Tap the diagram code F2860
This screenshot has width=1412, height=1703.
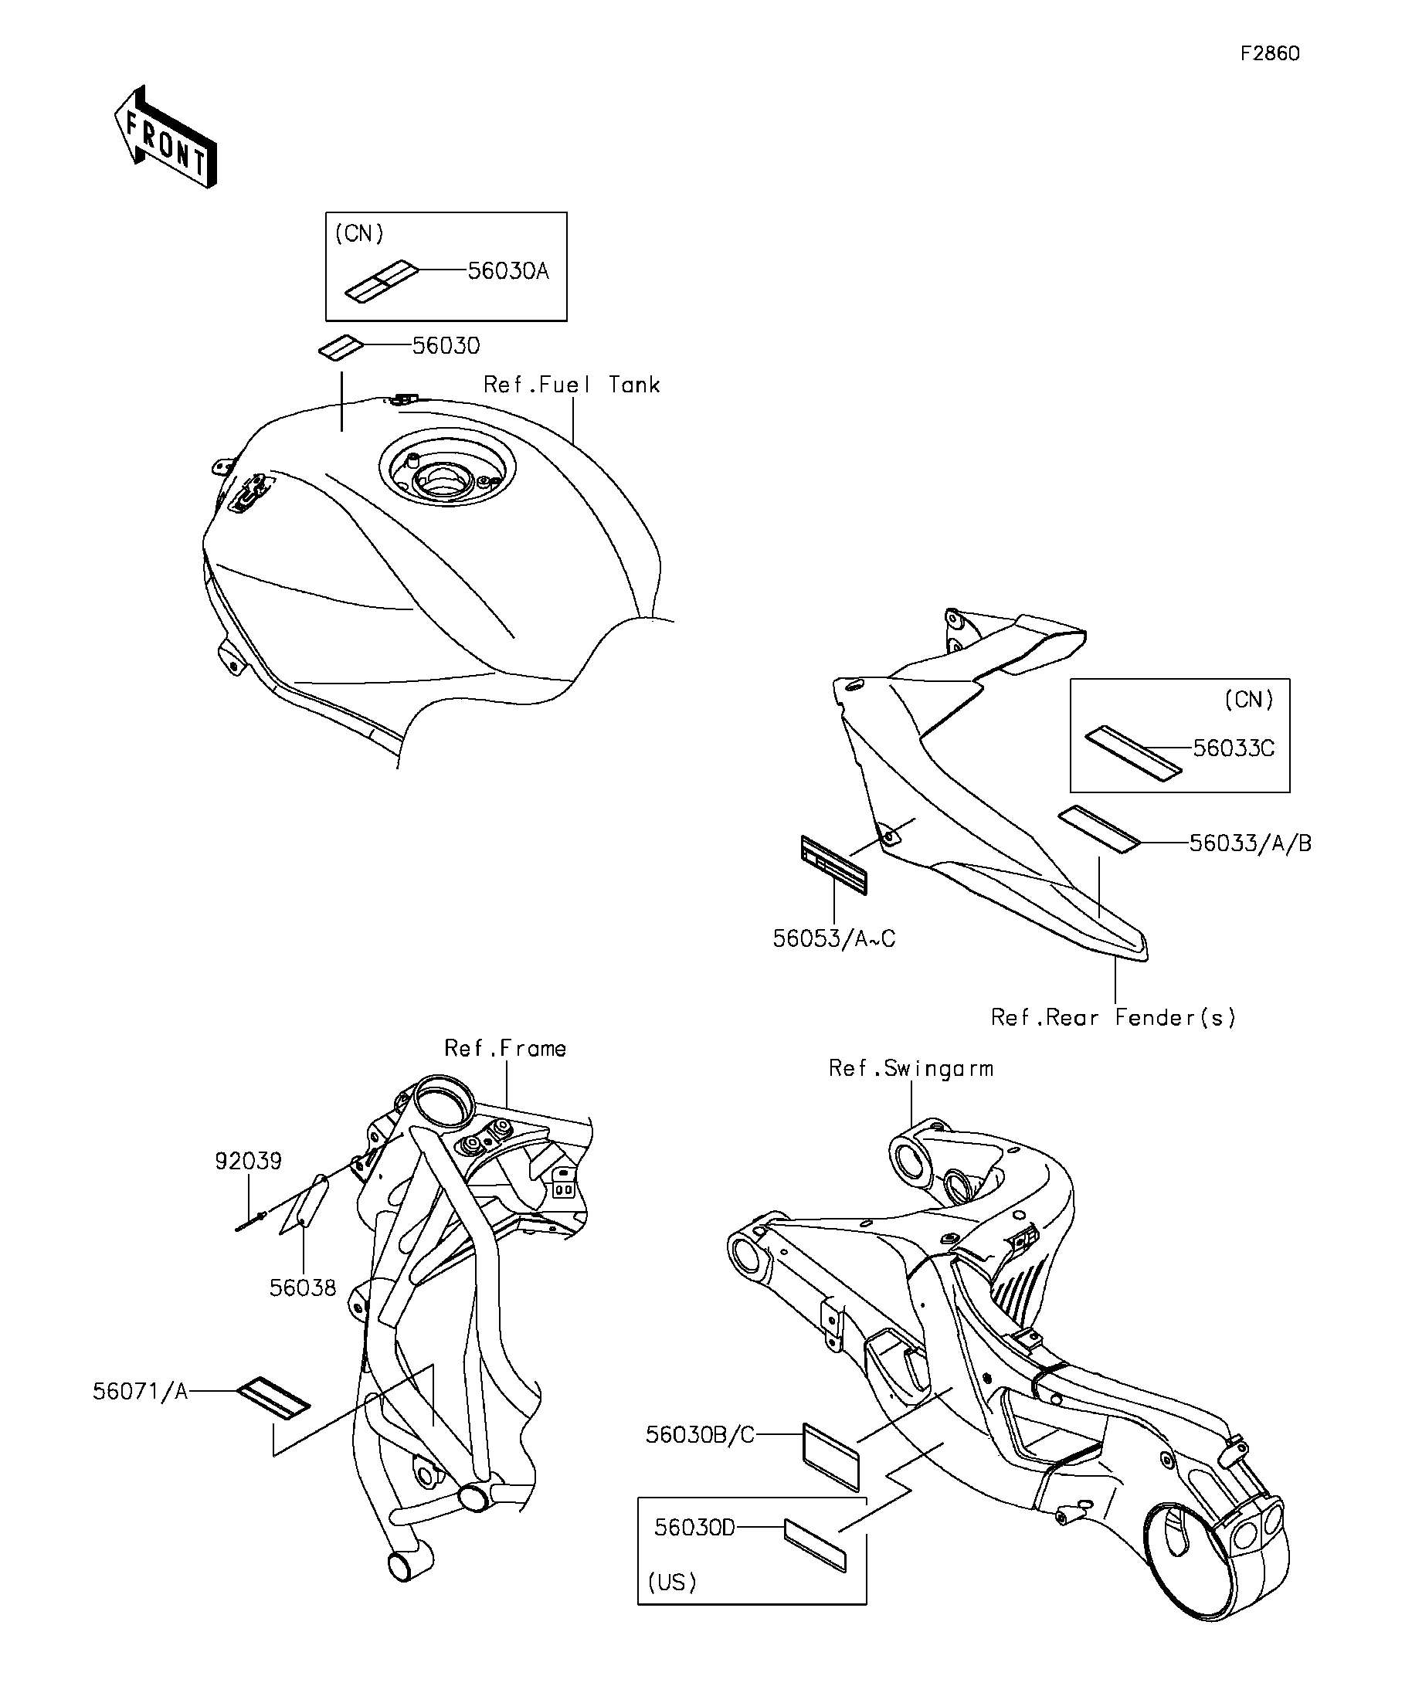click(1269, 53)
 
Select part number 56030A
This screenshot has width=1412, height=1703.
click(508, 271)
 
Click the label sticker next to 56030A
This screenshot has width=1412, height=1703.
click(381, 280)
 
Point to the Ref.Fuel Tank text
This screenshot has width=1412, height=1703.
click(571, 385)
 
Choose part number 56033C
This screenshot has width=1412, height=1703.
click(1234, 748)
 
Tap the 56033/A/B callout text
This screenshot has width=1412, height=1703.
click(1250, 843)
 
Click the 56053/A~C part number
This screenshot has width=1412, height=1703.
click(833, 938)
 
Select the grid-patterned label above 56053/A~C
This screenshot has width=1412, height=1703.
click(833, 864)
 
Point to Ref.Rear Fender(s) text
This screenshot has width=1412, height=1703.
click(1114, 1017)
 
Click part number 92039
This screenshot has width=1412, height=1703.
click(248, 1161)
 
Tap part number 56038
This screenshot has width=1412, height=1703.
click(303, 1287)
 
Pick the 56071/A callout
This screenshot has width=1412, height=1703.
click(141, 1391)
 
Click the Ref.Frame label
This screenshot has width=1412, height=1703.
click(505, 1048)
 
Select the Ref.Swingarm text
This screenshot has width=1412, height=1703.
click(911, 1068)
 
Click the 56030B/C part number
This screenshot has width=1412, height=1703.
click(700, 1434)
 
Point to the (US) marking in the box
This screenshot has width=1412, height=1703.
click(672, 1582)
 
